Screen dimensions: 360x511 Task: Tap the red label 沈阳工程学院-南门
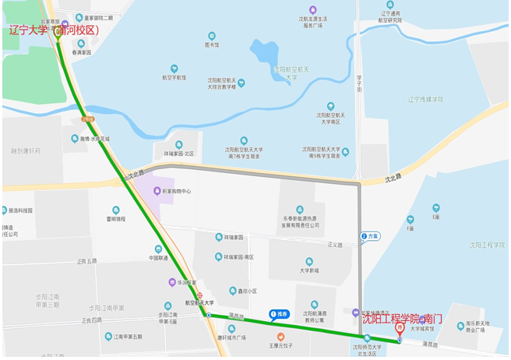click(x=401, y=319)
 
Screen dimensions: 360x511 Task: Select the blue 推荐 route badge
click(x=278, y=315)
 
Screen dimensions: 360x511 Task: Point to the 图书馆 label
click(x=212, y=45)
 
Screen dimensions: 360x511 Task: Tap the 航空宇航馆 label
click(x=174, y=77)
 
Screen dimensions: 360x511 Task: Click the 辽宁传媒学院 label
click(x=425, y=100)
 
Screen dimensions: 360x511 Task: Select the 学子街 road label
click(x=360, y=82)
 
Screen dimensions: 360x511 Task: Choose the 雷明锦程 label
click(x=117, y=219)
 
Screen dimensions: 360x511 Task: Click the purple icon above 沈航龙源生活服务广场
click(x=312, y=9)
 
